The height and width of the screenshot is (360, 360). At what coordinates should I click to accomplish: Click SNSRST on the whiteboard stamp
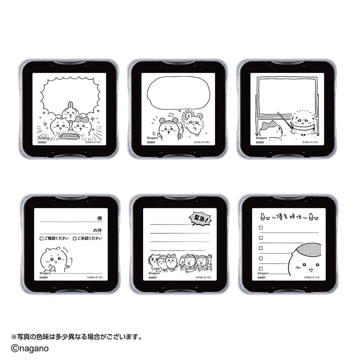(261, 142)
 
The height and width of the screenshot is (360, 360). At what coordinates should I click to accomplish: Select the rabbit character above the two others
(70, 111)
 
